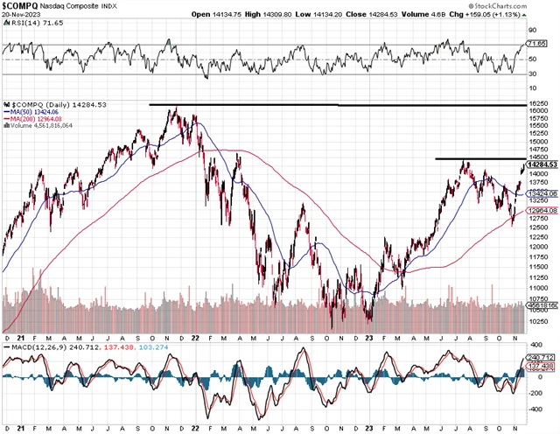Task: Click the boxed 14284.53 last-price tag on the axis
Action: coord(542,164)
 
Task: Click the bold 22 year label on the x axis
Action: coord(193,337)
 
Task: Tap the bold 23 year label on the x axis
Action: coord(370,337)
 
